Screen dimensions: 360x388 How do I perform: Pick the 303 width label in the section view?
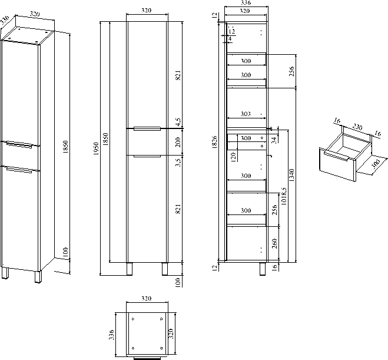[x=246, y=114]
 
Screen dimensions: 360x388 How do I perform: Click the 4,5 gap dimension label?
[x=177, y=122]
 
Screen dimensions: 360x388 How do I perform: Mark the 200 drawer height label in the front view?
[x=177, y=141]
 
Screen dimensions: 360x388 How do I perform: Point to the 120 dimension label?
[x=234, y=156]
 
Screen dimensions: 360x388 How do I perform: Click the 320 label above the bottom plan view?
[x=147, y=299]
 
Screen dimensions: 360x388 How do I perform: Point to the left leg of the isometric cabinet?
[x=6, y=275]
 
